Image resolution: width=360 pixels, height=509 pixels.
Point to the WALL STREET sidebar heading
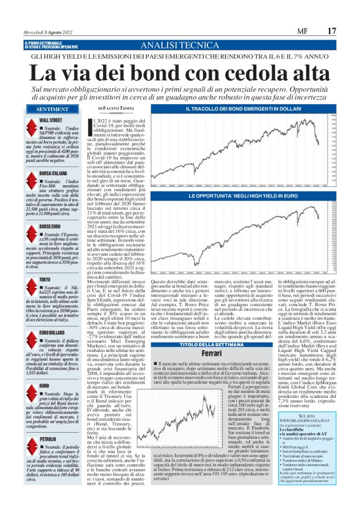click(50, 119)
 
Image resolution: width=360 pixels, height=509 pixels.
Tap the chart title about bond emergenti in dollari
click(253, 109)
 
